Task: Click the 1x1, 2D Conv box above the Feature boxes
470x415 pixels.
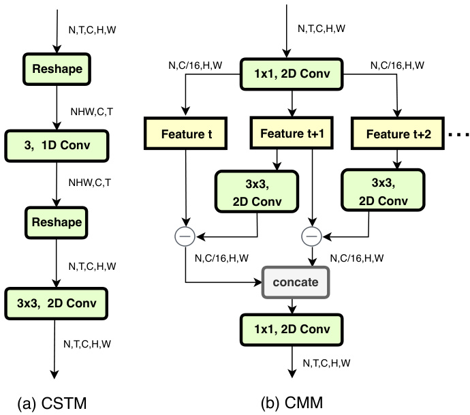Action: pos(291,73)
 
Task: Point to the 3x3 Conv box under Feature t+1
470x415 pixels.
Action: pos(257,190)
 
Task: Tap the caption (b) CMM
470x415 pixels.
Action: pos(293,401)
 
